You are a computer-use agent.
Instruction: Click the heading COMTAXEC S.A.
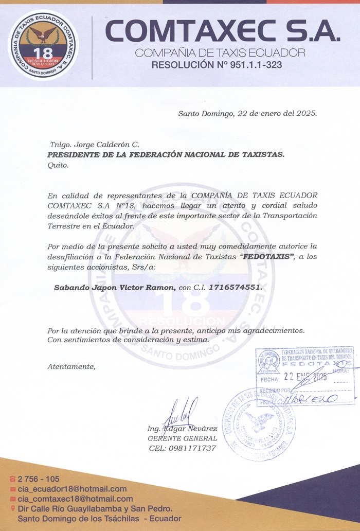click(x=223, y=32)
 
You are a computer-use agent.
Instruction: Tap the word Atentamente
click(x=71, y=367)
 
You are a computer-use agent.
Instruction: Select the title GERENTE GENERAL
click(x=182, y=438)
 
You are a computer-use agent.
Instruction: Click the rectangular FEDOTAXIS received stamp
click(x=305, y=376)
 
